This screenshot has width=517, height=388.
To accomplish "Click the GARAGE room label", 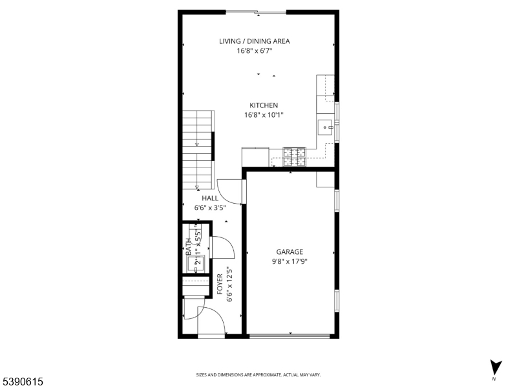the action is click(x=290, y=252).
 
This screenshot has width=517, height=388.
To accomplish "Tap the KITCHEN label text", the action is click(x=264, y=105).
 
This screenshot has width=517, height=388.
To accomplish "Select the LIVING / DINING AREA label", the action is click(x=255, y=41).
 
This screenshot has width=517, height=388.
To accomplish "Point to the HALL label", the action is click(x=210, y=199).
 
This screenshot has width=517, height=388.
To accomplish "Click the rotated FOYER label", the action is click(x=220, y=284).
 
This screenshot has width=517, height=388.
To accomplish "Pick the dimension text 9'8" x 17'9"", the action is click(x=290, y=262).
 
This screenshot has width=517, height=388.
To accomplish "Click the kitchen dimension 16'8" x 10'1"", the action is click(x=264, y=115).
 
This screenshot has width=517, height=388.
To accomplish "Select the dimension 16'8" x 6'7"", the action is click(x=255, y=51).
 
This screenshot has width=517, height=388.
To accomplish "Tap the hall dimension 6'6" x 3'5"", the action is click(x=210, y=208).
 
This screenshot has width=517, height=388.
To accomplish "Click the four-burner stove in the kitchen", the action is click(x=294, y=157).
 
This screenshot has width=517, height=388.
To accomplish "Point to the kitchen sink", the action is click(x=326, y=127).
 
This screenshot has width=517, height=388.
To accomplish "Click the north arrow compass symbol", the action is click(x=496, y=367).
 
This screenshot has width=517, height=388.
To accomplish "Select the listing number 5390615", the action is click(x=22, y=382).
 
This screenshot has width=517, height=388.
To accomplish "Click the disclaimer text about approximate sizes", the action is click(x=258, y=375).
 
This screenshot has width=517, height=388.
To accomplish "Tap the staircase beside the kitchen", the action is click(x=198, y=150).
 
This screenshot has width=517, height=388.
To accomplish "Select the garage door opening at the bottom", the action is click(x=290, y=336).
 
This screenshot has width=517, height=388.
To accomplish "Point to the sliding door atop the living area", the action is click(x=256, y=12).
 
